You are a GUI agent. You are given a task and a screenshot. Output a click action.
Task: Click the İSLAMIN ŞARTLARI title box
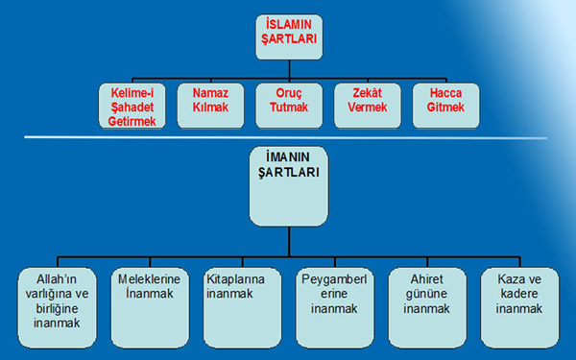point(289,36)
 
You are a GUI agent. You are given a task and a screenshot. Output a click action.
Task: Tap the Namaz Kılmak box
point(210,107)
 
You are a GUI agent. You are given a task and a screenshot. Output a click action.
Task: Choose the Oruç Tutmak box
point(288,107)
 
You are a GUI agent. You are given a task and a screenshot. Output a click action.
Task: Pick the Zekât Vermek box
point(367,107)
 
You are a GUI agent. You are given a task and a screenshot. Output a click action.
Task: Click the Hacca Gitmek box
point(444,107)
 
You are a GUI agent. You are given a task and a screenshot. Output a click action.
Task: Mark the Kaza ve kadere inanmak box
point(519,307)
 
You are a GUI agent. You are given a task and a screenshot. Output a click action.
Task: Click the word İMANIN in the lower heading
point(288,157)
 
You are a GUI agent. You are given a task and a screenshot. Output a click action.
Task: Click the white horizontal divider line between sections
point(288,138)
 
